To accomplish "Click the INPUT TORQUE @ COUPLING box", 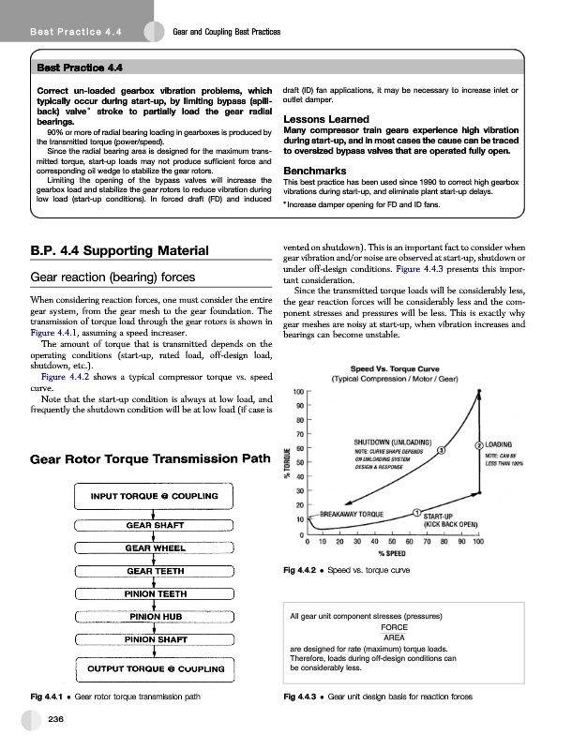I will [x=154, y=495].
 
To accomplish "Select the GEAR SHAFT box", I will [x=154, y=525].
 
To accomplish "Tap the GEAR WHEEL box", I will [x=154, y=547].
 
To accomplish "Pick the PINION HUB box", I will [x=154, y=616].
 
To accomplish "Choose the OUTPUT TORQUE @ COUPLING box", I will [x=154, y=668].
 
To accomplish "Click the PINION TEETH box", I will [x=154, y=593].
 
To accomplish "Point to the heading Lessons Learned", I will [x=325, y=120].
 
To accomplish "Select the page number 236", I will [x=56, y=717].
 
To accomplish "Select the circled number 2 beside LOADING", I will [x=479, y=445].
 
